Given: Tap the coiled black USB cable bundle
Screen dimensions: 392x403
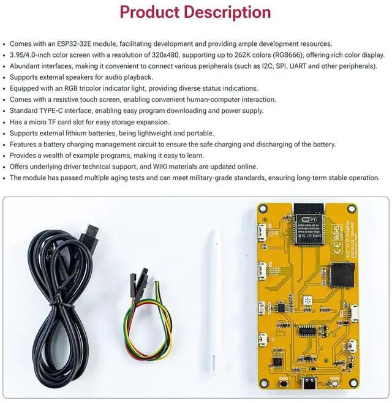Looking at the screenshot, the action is pos(58,306).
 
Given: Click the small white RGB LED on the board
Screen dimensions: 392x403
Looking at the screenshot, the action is pos(306,301).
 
